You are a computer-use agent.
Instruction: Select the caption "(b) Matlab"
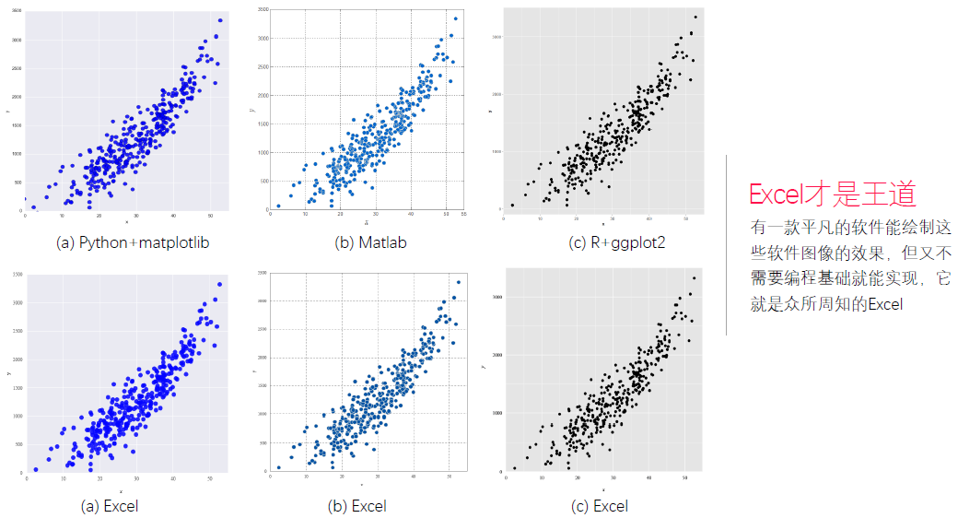(369, 243)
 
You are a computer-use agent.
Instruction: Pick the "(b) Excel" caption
(356, 506)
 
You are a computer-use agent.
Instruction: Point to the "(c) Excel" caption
(599, 506)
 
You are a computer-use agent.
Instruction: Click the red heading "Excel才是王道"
(832, 195)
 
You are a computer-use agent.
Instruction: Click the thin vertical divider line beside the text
(727, 244)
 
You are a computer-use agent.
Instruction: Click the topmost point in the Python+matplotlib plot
(220, 20)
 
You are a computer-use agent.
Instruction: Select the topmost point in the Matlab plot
(455, 18)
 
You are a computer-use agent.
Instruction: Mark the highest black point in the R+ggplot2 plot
(695, 17)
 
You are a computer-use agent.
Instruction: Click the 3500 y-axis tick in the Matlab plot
(263, 9)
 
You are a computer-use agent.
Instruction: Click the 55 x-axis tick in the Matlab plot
(463, 214)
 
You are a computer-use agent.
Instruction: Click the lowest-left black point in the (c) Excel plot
(514, 467)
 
